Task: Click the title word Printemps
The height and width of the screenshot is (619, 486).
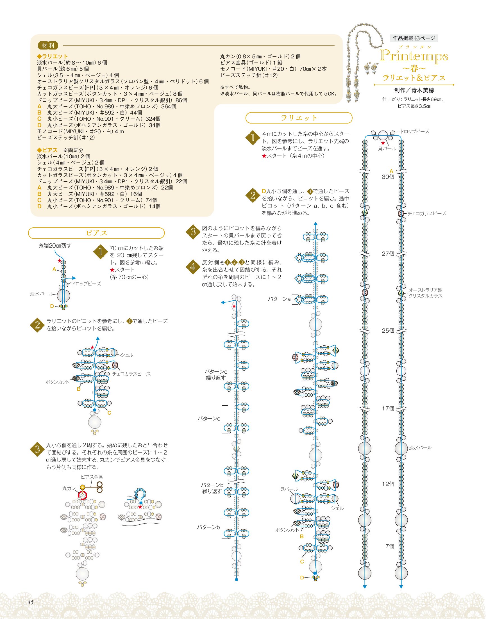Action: point(414,56)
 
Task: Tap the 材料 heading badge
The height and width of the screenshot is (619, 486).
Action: point(48,45)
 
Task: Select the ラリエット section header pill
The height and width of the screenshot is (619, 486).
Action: point(299,118)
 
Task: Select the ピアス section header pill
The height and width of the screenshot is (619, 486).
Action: point(96,233)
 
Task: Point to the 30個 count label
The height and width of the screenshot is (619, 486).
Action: point(388,177)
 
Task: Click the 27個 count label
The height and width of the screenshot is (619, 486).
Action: point(388,253)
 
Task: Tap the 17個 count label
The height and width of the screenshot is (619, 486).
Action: point(388,408)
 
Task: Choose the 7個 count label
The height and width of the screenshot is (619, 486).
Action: point(390,546)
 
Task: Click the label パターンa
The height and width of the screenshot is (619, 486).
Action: point(279,299)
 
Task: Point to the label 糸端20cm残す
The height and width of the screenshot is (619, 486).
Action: point(55,246)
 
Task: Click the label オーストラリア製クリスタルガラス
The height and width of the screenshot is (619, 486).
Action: point(425,293)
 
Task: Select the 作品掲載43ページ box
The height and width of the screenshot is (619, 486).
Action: point(414,38)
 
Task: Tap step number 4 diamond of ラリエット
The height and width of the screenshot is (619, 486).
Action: point(193,267)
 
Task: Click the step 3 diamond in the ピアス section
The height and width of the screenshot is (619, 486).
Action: point(37,449)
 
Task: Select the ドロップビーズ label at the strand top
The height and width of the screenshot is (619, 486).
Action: point(415,131)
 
